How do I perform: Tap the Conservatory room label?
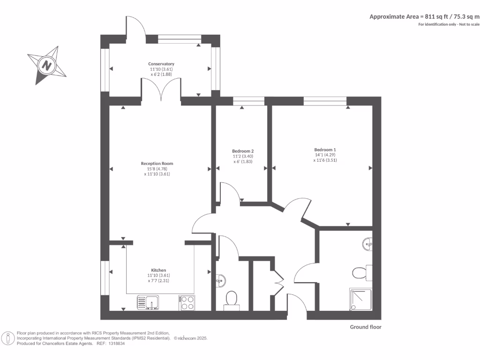click(x=161, y=64)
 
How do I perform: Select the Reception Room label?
click(x=157, y=164)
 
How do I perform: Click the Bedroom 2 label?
click(x=243, y=151)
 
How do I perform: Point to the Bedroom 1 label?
click(x=325, y=150)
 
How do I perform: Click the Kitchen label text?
click(x=158, y=270)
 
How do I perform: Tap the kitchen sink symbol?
click(x=149, y=303)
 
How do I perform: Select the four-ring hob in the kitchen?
click(x=187, y=303)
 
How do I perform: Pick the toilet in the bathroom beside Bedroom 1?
click(x=360, y=272)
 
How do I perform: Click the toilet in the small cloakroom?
click(x=231, y=299)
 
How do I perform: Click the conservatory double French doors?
click(x=161, y=89)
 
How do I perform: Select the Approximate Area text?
click(x=424, y=16)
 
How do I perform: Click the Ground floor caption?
click(x=366, y=327)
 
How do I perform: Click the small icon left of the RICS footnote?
click(x=8, y=338)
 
